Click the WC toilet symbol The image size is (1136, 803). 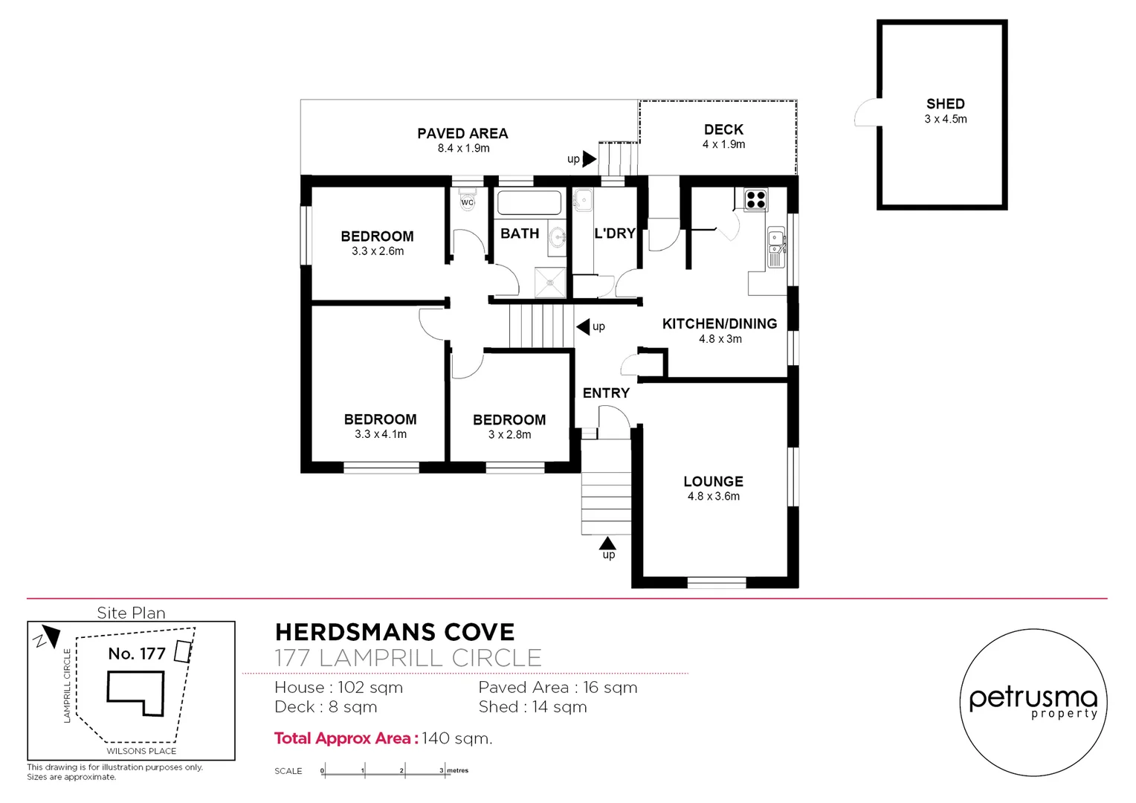(467, 202)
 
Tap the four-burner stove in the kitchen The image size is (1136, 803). (755, 199)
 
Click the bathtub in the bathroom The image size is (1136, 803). (529, 203)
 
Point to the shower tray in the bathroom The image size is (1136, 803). (550, 282)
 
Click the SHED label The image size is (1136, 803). (945, 104)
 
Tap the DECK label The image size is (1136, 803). (723, 130)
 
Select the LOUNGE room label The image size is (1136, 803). (713, 482)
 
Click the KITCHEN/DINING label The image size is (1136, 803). (719, 324)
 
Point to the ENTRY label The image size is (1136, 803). (606, 393)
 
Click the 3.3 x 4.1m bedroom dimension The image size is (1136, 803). (380, 434)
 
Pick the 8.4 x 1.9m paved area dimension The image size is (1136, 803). (463, 149)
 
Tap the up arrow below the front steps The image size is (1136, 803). (607, 544)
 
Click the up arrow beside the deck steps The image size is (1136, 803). (589, 158)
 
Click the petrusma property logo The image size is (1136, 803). (1033, 703)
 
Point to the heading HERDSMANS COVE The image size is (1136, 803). (395, 633)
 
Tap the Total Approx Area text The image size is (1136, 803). (383, 738)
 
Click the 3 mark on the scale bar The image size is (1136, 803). (441, 771)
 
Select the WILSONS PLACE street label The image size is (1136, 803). (141, 751)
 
